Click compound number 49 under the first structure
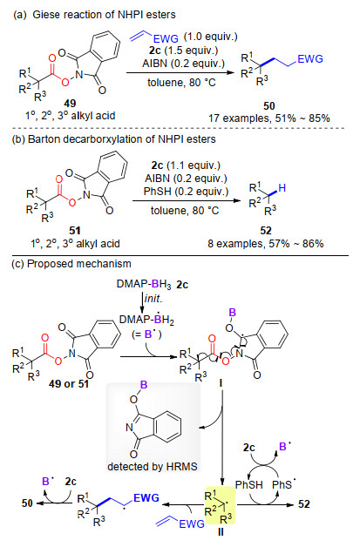(x=70, y=104)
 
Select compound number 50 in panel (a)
(x=268, y=105)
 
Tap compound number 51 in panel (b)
(x=75, y=231)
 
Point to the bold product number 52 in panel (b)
(x=266, y=231)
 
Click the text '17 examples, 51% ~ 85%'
(x=268, y=118)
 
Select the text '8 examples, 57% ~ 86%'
(x=266, y=243)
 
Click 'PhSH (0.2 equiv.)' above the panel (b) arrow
(x=187, y=191)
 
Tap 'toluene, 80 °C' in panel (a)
(x=181, y=83)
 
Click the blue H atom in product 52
(x=282, y=188)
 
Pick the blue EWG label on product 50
(x=310, y=59)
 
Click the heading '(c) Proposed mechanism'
(x=71, y=264)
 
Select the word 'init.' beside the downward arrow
(x=153, y=299)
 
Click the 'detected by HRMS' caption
(x=153, y=466)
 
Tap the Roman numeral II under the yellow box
(x=221, y=532)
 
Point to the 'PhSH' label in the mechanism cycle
(x=249, y=484)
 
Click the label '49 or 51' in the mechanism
(x=69, y=384)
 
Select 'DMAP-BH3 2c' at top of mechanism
(x=153, y=284)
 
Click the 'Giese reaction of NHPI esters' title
(x=104, y=15)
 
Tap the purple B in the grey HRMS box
(x=144, y=385)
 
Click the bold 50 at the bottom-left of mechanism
(x=27, y=503)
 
